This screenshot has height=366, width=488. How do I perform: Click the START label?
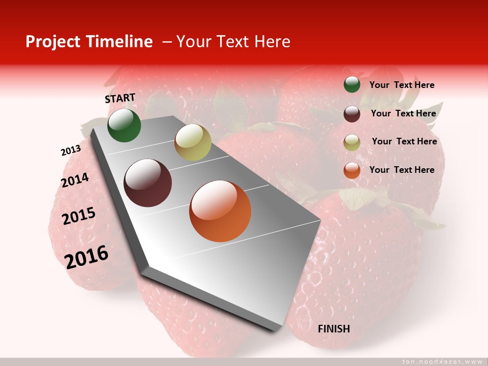[x=120, y=98]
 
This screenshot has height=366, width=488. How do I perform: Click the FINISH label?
[x=334, y=329]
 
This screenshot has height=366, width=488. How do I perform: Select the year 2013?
[x=71, y=150]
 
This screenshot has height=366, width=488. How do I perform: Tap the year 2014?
[x=75, y=180]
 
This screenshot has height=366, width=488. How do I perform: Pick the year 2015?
[x=79, y=216]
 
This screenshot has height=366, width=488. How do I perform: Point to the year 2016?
[x=86, y=257]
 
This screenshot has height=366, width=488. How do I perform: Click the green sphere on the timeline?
[x=124, y=125]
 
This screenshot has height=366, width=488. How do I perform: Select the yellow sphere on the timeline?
[x=193, y=142]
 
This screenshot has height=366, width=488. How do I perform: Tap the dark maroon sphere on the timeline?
[x=148, y=183]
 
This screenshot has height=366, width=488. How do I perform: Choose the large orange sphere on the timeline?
[x=220, y=211]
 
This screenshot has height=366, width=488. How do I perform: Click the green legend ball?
[x=352, y=85]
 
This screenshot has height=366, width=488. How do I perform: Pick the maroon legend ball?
[x=352, y=114]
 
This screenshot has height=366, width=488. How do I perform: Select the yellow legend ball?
[x=352, y=142]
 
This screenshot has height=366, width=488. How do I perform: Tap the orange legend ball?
[x=352, y=170]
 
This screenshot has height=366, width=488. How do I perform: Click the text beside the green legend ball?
[x=402, y=85]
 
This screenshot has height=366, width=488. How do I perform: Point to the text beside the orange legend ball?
[x=402, y=170]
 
